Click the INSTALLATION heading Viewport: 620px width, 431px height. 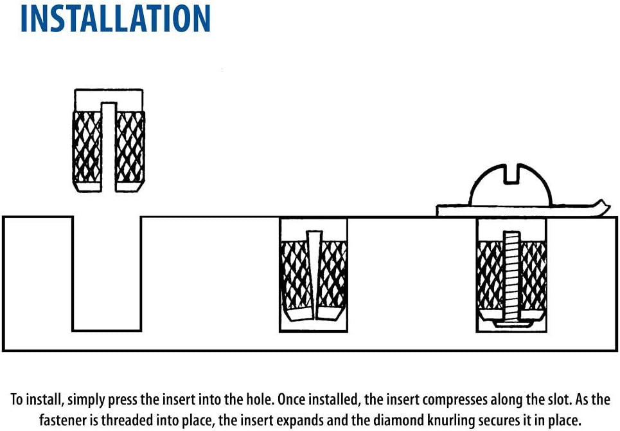tap(115, 18)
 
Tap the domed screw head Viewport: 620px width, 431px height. tap(511, 185)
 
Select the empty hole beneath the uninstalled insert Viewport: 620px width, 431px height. tap(107, 273)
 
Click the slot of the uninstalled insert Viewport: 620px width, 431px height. tap(109, 147)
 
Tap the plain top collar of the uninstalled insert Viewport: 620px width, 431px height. tap(109, 100)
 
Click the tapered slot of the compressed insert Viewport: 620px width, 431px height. tap(314, 275)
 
